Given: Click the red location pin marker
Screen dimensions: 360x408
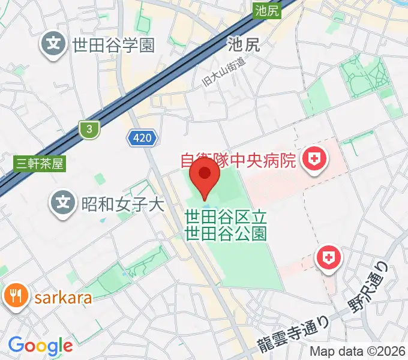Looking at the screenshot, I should [204, 177].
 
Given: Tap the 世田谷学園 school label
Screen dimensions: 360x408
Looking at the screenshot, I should [113, 45].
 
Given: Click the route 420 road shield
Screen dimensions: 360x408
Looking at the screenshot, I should [143, 139].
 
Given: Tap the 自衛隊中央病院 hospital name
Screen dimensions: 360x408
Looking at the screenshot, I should [239, 161].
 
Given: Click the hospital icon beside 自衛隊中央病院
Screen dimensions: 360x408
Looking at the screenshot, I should [313, 160].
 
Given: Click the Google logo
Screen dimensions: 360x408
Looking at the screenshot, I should [40, 346].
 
